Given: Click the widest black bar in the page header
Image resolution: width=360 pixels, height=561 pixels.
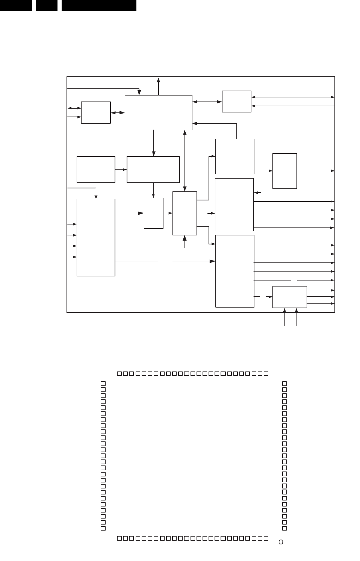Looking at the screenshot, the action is (x=99, y=5).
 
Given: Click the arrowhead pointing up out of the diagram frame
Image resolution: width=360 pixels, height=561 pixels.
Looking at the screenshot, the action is (x=159, y=80).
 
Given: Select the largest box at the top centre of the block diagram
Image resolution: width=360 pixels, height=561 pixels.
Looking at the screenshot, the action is (x=158, y=112).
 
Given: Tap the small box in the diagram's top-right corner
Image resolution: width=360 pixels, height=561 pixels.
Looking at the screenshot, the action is (x=236, y=101).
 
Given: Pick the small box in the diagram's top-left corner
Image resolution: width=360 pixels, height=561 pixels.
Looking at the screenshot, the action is (x=96, y=112).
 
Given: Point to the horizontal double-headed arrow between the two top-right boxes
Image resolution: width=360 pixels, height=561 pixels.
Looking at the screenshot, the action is (x=207, y=101).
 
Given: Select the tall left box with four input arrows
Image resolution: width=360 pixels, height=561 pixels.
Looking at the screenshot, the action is (x=96, y=237).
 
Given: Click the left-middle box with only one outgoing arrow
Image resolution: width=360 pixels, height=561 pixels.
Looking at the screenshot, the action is (x=96, y=169).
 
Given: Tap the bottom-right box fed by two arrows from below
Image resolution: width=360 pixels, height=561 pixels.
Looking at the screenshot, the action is (x=289, y=297).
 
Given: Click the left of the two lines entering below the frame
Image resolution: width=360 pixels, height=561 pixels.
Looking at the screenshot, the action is (x=284, y=318).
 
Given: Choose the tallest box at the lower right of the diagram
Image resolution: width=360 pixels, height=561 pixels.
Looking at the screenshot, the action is (x=235, y=271).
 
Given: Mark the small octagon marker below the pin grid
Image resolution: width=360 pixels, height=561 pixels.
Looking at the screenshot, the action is (x=281, y=542).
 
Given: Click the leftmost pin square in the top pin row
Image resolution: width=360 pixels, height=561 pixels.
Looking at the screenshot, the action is (x=119, y=373).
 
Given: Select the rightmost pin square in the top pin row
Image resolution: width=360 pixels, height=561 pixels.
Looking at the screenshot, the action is (x=266, y=373).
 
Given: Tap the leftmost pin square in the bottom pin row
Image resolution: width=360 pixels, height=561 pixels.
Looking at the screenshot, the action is (x=119, y=538).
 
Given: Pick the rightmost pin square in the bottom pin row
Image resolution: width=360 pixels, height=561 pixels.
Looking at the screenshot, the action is (x=266, y=538).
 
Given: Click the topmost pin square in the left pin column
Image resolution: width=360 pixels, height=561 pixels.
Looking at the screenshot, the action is (x=103, y=384).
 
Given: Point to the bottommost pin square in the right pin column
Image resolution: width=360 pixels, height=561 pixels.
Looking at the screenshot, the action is (x=284, y=528).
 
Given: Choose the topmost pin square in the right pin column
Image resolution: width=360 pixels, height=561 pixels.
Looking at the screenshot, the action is (x=284, y=384).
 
